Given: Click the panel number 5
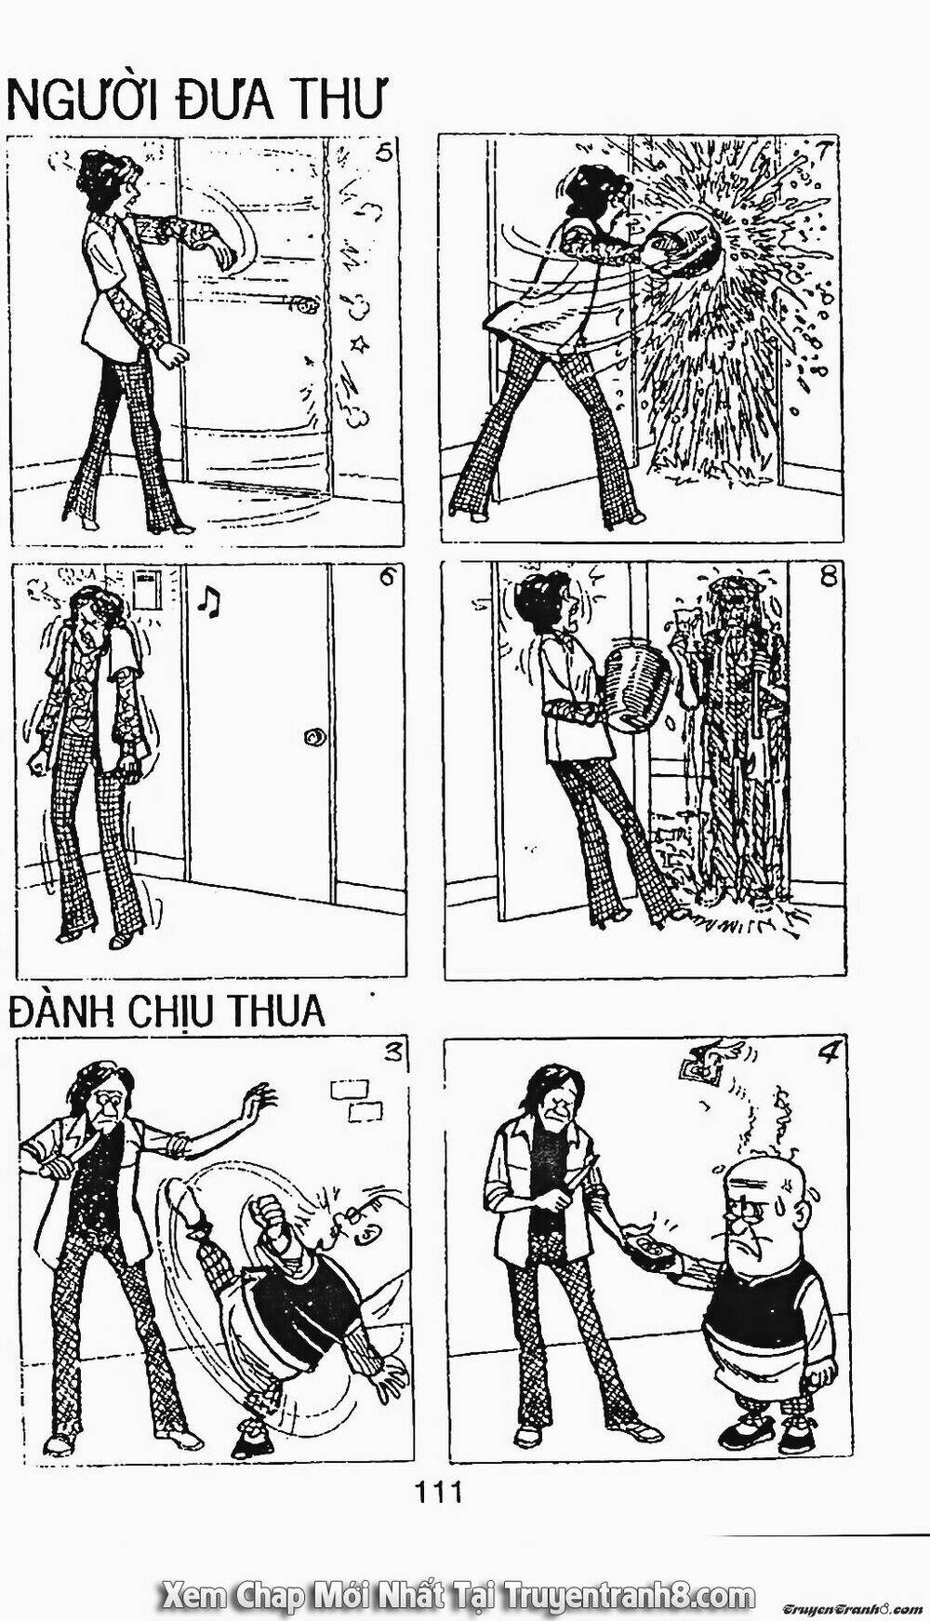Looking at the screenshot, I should pos(379,154).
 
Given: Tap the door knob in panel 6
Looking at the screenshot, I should pos(315,737).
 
